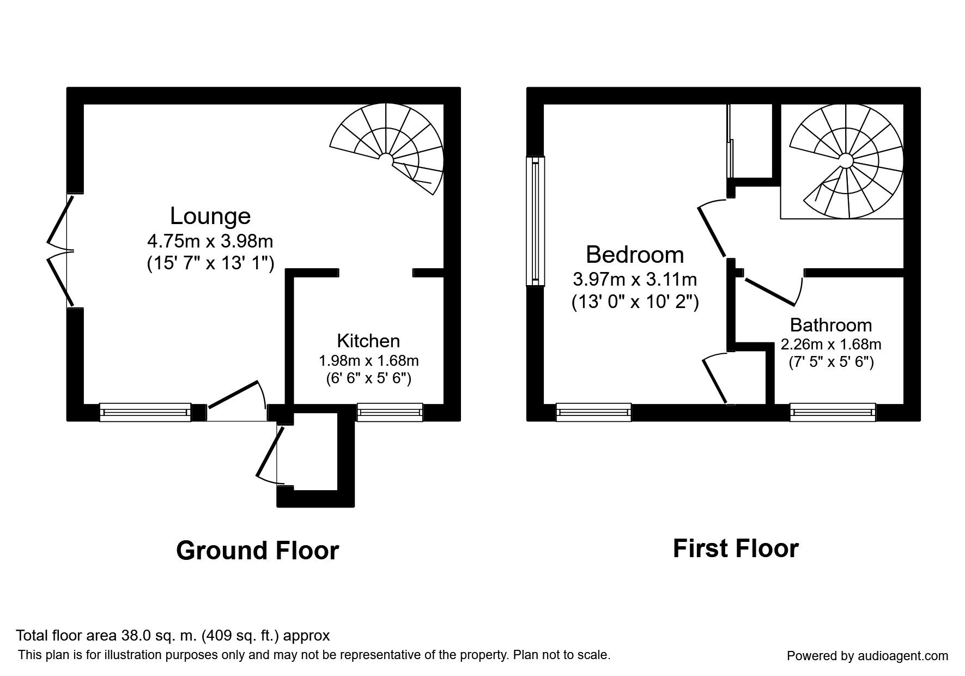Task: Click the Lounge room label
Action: [x=210, y=216]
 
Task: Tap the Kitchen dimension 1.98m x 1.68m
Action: [x=368, y=360]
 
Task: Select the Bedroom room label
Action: [x=635, y=255]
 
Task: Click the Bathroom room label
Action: [x=830, y=325]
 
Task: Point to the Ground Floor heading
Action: [x=257, y=551]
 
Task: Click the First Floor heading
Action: [x=736, y=548]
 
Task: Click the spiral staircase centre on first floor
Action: [x=845, y=160]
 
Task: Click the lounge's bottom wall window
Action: [x=145, y=413]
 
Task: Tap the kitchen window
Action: [x=390, y=413]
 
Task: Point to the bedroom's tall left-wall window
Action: [x=535, y=221]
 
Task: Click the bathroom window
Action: [x=833, y=413]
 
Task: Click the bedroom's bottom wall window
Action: [x=593, y=413]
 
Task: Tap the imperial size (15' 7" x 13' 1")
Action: [x=210, y=264]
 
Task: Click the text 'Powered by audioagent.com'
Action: [x=867, y=656]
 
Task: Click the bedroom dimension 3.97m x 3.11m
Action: [x=635, y=280]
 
